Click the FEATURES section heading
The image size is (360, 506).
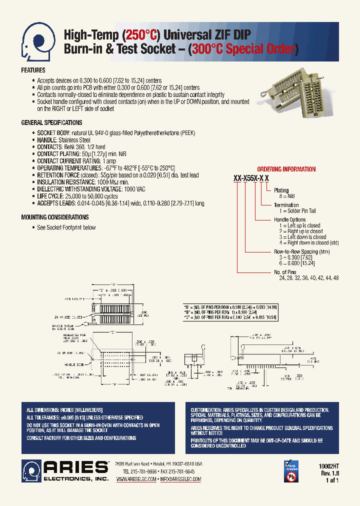click(x=33, y=70)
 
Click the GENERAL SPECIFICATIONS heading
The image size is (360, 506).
click(x=51, y=123)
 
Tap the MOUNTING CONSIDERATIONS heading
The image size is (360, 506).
click(x=54, y=217)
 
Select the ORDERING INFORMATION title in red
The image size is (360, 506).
click(x=286, y=169)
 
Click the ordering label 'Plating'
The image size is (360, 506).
click(x=281, y=190)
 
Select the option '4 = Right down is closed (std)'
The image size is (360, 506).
click(x=307, y=243)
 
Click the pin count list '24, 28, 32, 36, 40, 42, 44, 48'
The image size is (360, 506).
click(x=308, y=277)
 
